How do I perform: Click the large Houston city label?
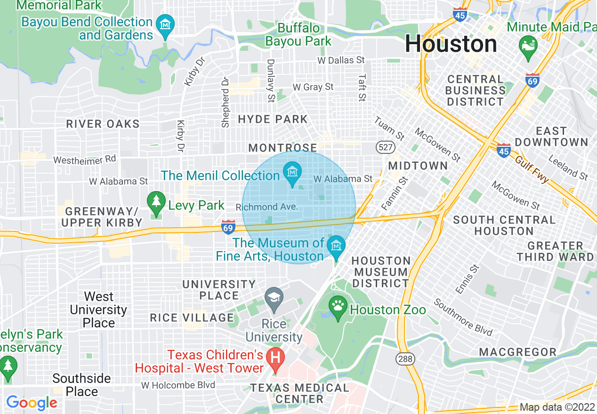point(451,44)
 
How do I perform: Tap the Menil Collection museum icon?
point(292,171)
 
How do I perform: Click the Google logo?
point(32,403)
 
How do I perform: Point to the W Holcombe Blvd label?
point(178,385)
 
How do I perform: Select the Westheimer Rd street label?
point(85,160)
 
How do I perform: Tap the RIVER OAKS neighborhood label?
point(103,124)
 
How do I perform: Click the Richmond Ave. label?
point(267,207)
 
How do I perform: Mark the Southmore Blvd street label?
point(463,318)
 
